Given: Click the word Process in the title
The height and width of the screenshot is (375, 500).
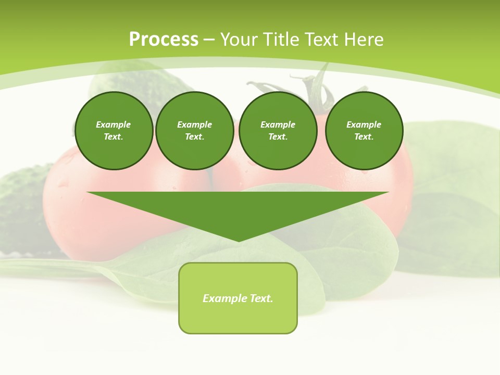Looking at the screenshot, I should tap(164, 40).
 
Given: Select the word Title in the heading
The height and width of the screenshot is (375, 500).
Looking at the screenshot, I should tap(283, 40).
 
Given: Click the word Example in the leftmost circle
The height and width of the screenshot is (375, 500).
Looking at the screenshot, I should tap(114, 124).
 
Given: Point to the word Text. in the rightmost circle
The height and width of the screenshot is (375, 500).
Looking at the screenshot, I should tap(364, 136).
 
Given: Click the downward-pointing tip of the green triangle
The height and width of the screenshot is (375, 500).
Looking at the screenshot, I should tap(239, 240).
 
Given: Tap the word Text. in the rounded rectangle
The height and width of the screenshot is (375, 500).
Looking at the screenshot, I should tap(261, 298).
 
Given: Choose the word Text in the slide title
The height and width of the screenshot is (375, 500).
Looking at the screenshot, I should tap(321, 40).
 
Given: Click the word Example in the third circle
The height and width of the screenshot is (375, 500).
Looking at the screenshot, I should tap(278, 124).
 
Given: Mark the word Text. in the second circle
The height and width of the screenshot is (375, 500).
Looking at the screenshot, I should tap(194, 136).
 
